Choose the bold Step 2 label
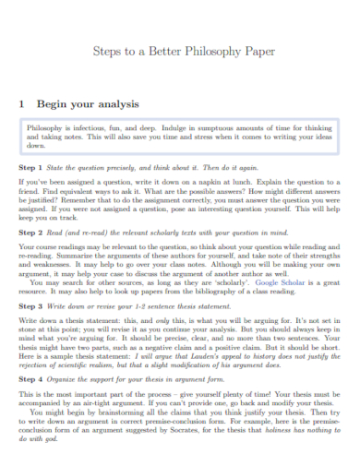[30, 235]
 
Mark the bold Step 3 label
[30, 305]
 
